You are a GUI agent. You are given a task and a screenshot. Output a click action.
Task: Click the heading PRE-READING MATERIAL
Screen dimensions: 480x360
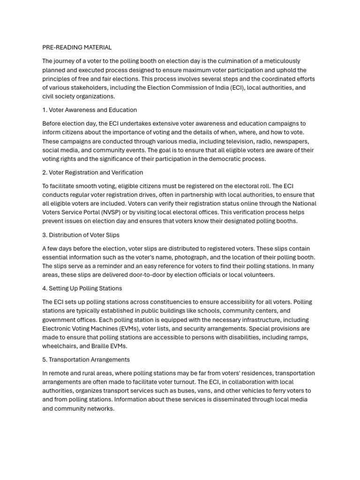(77, 47)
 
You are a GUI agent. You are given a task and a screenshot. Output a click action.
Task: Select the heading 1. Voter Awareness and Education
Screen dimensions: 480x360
(90, 110)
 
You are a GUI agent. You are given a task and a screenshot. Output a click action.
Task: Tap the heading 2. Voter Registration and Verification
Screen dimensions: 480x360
(93, 172)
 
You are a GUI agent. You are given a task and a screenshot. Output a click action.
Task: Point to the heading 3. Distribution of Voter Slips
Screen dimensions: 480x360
(81, 235)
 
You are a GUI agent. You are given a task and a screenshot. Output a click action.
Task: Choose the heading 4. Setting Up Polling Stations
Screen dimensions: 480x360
(82, 288)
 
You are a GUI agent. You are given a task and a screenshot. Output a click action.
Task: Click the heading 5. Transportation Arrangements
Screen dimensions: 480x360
(86, 360)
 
